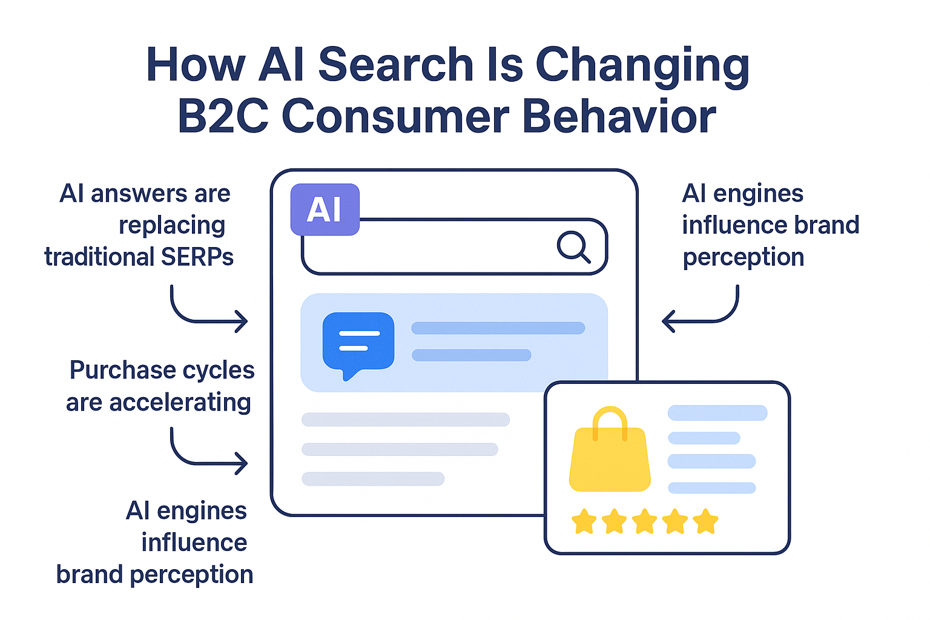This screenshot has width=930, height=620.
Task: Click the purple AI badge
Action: click(x=325, y=209)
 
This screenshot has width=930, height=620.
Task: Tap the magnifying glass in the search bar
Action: click(x=573, y=246)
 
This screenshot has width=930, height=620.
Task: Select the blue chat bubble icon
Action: click(x=358, y=342)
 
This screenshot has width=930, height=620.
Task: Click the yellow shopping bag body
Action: click(x=610, y=460)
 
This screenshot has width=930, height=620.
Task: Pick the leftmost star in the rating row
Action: click(x=584, y=521)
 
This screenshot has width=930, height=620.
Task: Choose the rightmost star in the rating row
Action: click(x=705, y=521)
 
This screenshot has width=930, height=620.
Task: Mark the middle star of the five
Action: click(x=644, y=521)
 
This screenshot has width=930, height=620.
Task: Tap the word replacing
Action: click(x=172, y=225)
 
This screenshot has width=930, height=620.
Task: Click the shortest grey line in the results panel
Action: click(x=373, y=479)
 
